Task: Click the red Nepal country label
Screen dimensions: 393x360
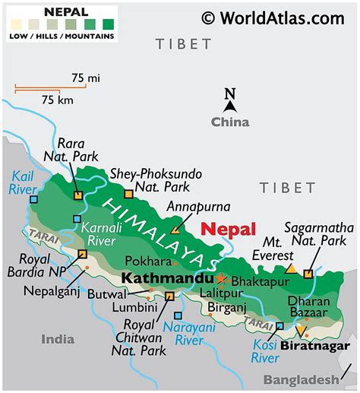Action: (x=229, y=230)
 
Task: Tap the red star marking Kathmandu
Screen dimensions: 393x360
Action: (x=222, y=278)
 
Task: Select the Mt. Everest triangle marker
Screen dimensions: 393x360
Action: (x=290, y=268)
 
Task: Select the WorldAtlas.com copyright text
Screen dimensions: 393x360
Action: (x=273, y=17)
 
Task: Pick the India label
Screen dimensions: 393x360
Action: (x=58, y=338)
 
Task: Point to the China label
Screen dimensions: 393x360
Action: (x=229, y=122)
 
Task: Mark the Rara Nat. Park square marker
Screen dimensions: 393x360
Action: (x=77, y=195)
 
